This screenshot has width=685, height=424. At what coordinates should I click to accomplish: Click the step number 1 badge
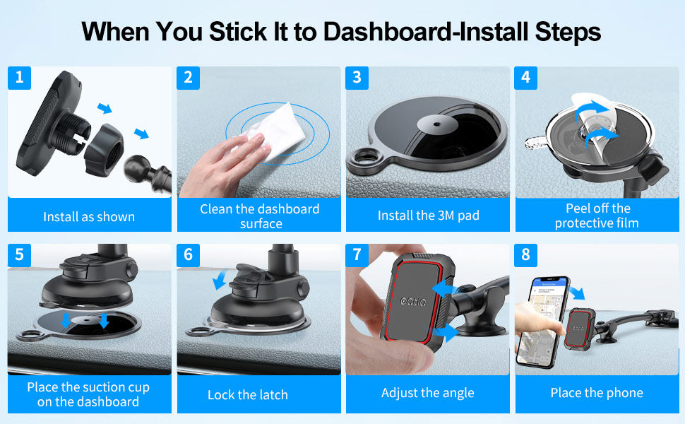click(19, 78)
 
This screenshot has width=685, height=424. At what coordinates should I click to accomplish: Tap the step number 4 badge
click(525, 78)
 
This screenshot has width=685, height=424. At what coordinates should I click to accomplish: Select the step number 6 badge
click(189, 255)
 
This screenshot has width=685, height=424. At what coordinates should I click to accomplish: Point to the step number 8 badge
click(525, 255)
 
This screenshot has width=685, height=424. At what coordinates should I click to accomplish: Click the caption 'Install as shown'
click(89, 217)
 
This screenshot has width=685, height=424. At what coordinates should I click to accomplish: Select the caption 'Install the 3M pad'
click(429, 216)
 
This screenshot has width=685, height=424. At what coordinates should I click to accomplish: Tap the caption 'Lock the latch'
click(248, 395)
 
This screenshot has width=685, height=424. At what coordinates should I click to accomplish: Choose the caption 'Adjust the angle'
click(428, 393)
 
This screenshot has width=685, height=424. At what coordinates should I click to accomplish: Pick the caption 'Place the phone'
click(597, 393)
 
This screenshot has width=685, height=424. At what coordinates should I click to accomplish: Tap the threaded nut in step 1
click(105, 149)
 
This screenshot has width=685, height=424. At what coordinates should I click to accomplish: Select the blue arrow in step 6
click(220, 279)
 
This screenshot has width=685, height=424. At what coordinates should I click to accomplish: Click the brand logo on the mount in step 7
click(413, 301)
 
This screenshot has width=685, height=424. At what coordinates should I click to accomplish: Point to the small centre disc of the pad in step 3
click(437, 124)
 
